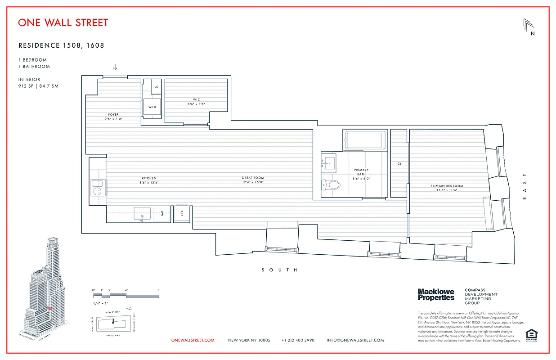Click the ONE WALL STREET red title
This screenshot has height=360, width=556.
63,22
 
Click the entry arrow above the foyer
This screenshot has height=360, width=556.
115,67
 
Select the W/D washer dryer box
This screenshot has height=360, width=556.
152,107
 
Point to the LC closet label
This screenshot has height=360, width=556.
156,87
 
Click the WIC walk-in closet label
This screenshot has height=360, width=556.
196,100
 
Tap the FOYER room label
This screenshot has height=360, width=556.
113,115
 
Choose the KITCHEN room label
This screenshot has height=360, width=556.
149,178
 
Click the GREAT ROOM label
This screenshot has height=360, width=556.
252,178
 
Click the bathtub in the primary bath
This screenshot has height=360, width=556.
365,140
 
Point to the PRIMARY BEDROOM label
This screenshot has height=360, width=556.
446,186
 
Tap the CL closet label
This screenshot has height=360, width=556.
399,164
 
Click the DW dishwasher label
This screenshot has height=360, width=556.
161,214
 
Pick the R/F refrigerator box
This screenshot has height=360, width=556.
182,214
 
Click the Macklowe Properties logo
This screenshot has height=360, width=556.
436,295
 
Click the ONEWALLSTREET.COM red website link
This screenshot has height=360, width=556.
193,340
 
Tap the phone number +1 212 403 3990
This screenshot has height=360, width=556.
298,340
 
